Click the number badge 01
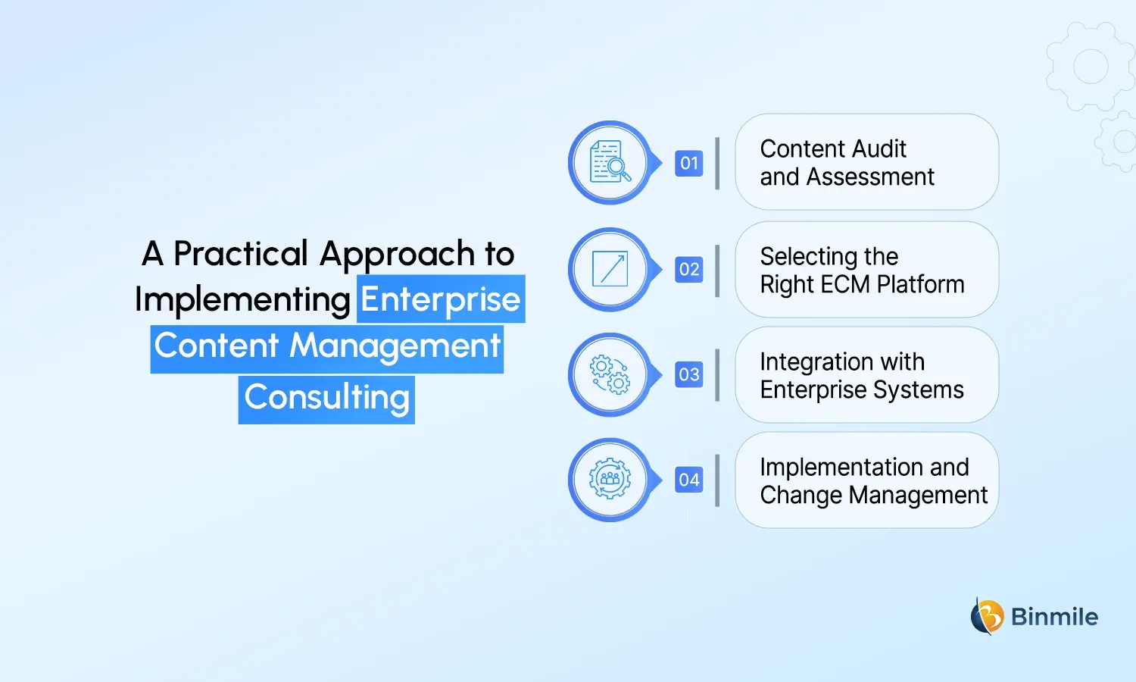(x=688, y=163)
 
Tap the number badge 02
(x=688, y=269)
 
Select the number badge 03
(x=688, y=374)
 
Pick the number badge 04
(x=688, y=480)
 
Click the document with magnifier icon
(x=610, y=162)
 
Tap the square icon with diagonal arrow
(x=610, y=268)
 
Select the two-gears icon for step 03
(x=610, y=374)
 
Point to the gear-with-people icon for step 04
(x=610, y=479)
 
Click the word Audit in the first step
(x=879, y=149)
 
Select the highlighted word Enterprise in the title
(x=441, y=299)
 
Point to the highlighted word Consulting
(x=326, y=398)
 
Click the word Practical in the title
(x=240, y=254)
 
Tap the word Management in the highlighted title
(x=395, y=346)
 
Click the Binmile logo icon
(x=987, y=616)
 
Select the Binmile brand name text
(x=1054, y=617)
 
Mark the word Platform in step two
(x=920, y=284)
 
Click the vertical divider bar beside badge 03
(x=717, y=374)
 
